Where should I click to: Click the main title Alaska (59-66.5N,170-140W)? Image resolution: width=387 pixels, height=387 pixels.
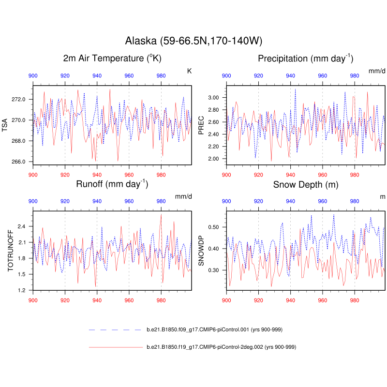tap(193, 41)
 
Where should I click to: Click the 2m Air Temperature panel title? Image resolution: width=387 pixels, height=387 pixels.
tap(112, 59)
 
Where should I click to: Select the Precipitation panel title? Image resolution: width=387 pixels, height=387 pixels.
tap(306, 59)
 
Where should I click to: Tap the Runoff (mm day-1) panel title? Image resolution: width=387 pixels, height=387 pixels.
tap(112, 184)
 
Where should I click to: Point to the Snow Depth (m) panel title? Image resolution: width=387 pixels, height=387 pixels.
tap(306, 184)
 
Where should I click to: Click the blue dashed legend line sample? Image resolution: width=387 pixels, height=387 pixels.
tap(114, 330)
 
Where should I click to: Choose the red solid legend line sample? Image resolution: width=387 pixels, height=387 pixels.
tap(114, 347)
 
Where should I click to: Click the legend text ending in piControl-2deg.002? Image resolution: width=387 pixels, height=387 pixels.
tap(221, 347)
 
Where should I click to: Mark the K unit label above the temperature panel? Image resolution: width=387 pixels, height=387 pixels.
tap(190, 71)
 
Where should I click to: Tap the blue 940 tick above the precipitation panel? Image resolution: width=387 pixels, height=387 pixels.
tap(290, 76)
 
